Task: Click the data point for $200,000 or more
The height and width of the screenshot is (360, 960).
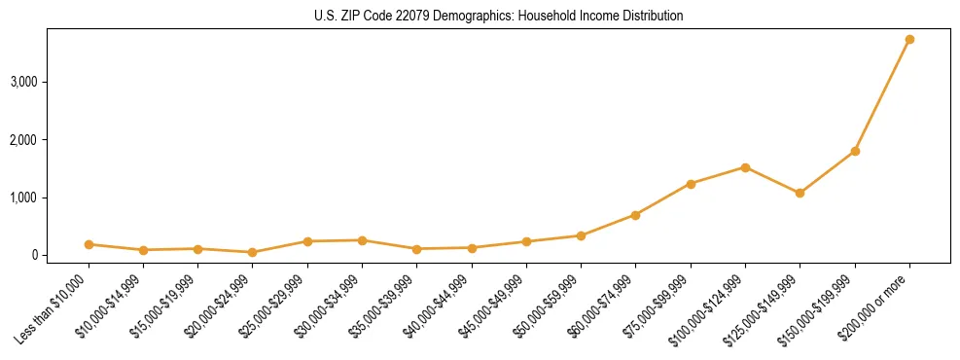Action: tap(909, 40)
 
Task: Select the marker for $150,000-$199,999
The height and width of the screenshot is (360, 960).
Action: tap(855, 152)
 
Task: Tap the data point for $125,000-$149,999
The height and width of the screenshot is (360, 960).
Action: tap(800, 194)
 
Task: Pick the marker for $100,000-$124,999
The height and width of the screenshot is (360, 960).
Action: tap(745, 167)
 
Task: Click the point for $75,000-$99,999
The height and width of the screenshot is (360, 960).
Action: tap(691, 184)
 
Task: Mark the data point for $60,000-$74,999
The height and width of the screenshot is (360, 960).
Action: tap(635, 215)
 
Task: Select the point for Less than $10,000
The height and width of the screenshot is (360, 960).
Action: tap(89, 244)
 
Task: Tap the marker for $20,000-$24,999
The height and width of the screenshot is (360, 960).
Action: tap(253, 252)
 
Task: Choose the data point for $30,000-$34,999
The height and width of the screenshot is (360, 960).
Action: tap(362, 240)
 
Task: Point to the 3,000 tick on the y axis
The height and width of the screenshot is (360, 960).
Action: tap(23, 82)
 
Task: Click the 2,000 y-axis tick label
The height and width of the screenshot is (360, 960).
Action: tap(23, 140)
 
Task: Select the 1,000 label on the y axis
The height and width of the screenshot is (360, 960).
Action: tap(23, 198)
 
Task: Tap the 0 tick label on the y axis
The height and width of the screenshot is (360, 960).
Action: tap(33, 255)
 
